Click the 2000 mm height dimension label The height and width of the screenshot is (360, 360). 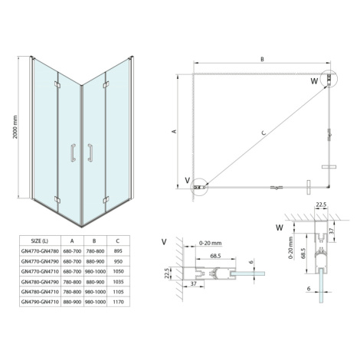15,127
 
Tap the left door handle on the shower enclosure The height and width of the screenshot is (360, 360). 74,152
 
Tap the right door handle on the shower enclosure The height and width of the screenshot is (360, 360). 90,152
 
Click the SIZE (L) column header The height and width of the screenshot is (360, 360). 40,241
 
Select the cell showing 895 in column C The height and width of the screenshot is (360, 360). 118,251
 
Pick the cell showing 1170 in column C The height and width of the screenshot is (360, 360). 118,302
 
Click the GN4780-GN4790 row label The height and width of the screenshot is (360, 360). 40,282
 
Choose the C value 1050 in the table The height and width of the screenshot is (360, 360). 118,271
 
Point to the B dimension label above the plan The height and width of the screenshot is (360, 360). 262,59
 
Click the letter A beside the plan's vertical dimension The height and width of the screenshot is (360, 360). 175,131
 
